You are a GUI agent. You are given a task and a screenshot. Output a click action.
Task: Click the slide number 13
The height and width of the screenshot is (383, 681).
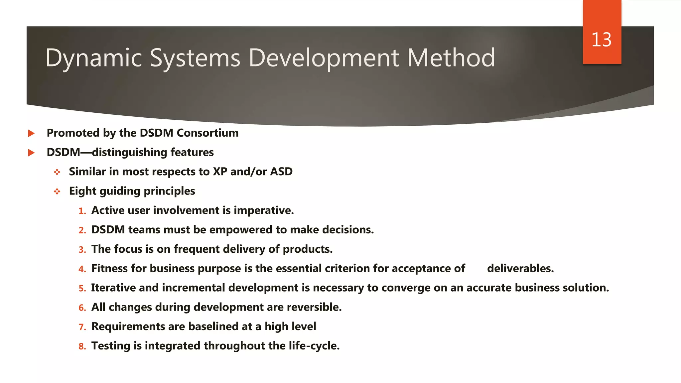[601, 40]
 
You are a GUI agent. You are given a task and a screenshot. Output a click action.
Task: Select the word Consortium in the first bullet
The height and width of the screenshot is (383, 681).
[207, 133]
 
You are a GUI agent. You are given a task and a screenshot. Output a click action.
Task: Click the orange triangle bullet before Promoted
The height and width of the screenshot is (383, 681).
[31, 134]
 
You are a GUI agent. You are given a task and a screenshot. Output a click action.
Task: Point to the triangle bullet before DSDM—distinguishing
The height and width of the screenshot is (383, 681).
[31, 153]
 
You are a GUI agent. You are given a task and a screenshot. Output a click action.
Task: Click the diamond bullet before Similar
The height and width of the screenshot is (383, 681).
[57, 172]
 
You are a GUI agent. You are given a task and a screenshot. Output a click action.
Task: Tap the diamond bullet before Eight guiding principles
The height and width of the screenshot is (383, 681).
[57, 191]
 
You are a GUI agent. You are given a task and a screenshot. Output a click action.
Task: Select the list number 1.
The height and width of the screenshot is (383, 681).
[82, 211]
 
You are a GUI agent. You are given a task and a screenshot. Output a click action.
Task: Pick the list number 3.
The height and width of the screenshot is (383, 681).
[82, 250]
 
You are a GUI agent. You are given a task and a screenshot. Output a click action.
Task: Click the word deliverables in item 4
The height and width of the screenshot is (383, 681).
[520, 268]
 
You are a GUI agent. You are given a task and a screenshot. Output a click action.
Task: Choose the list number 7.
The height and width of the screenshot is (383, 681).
[82, 327]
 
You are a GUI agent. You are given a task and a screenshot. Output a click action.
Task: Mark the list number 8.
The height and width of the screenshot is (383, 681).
[82, 346]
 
